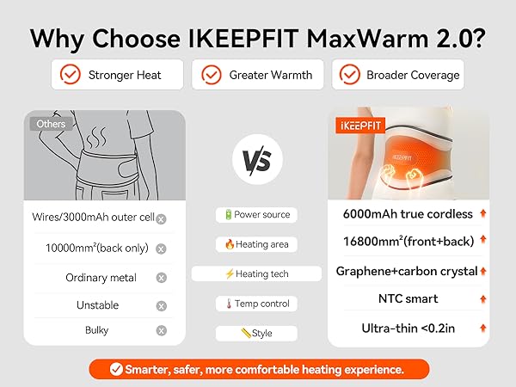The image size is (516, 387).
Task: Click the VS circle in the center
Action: click(257, 162)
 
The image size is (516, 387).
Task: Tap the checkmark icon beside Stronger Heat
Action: click(70, 75)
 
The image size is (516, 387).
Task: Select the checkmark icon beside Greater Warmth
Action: click(211, 75)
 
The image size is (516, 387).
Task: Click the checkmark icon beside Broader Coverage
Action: click(348, 75)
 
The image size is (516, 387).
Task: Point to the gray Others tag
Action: click(51, 124)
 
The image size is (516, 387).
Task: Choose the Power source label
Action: click(257, 214)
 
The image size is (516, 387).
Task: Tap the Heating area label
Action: click(257, 244)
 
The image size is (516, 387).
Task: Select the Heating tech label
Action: click(257, 273)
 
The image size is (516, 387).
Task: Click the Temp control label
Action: click(257, 303)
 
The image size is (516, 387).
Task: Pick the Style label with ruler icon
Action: click(257, 332)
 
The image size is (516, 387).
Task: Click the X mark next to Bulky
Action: click(161, 330)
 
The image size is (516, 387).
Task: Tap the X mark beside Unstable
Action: click(161, 305)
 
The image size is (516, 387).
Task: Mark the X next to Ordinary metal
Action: click(161, 278)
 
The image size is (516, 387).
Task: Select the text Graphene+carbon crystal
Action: click(406, 271)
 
